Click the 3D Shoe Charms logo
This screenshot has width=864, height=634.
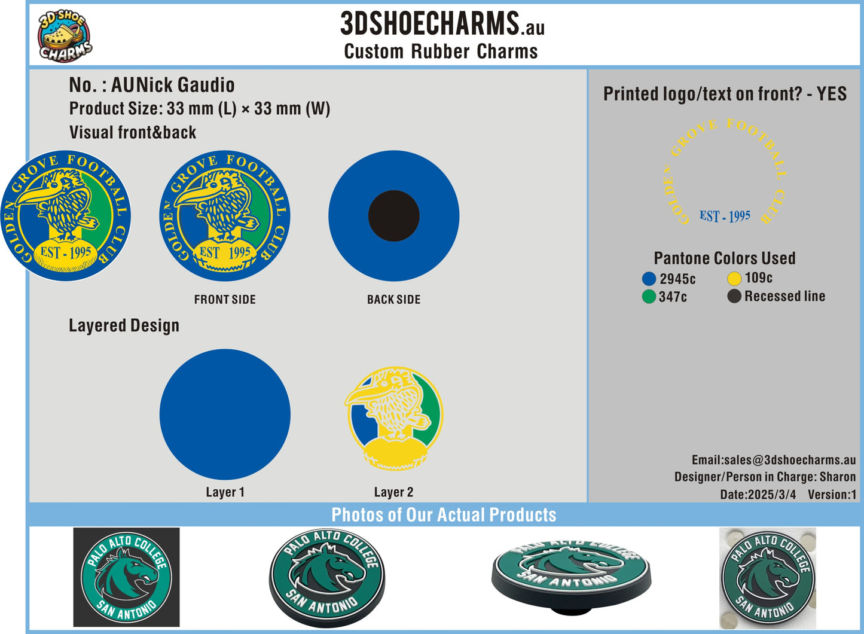click(65, 36)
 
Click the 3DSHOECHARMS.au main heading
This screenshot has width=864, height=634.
click(442, 23)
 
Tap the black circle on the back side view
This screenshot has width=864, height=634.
click(394, 216)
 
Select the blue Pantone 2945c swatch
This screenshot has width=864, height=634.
click(649, 279)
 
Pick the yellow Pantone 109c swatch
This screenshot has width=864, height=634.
click(734, 279)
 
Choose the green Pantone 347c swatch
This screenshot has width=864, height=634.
click(649, 297)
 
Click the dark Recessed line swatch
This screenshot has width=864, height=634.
click(734, 296)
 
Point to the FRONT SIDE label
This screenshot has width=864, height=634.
click(225, 300)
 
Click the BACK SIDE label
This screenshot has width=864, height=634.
click(394, 300)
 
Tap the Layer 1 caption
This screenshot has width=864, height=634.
click(225, 492)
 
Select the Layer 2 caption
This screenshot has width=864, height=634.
click(394, 492)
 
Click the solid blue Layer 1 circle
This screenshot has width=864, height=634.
click(225, 414)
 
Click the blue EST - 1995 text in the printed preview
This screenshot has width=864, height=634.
click(725, 216)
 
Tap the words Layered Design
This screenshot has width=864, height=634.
click(124, 326)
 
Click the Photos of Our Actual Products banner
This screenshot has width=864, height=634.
click(444, 515)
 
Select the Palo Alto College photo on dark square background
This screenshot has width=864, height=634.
click(127, 577)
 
